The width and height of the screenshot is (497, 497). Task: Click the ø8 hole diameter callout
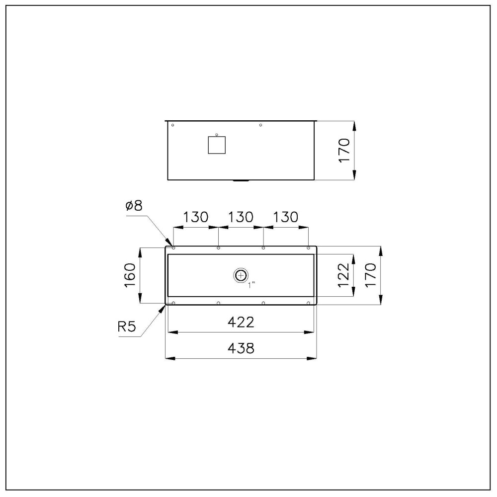(134, 206)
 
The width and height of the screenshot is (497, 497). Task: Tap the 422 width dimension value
(242, 322)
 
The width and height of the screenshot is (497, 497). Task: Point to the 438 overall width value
(242, 348)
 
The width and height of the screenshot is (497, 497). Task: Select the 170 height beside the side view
(344, 151)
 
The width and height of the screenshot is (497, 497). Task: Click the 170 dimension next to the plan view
(371, 275)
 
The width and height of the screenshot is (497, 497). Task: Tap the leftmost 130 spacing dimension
(196, 217)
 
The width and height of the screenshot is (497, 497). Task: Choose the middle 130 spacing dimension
(241, 217)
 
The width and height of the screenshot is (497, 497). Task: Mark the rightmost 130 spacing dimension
(285, 217)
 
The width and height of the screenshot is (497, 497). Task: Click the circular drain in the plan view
(241, 275)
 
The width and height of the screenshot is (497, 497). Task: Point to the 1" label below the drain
(252, 285)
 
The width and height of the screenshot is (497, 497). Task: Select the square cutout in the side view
(217, 145)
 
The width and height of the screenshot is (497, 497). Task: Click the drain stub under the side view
(241, 181)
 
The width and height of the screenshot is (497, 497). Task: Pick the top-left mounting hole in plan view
(173, 248)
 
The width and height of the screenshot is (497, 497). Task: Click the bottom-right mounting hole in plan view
(309, 303)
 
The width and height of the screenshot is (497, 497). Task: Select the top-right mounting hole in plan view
(309, 248)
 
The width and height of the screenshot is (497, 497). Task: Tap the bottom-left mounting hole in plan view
(173, 303)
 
